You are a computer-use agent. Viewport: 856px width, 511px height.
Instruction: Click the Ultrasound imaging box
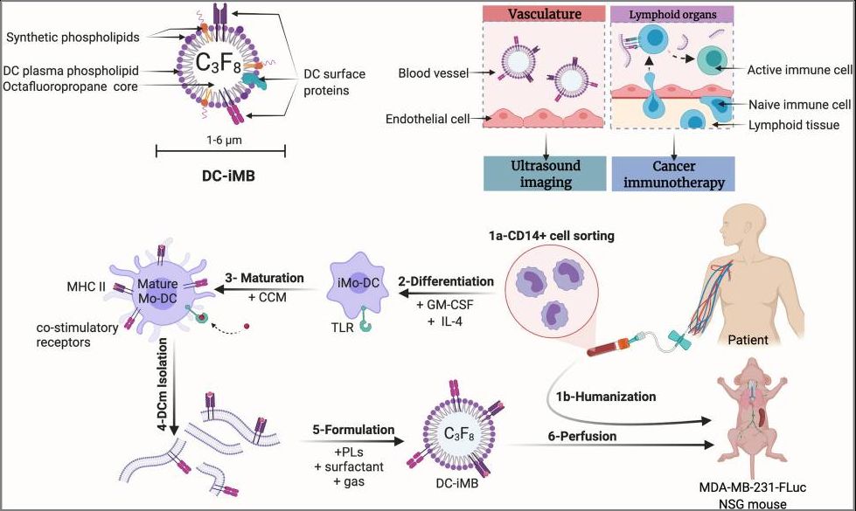pyautogui.click(x=546, y=173)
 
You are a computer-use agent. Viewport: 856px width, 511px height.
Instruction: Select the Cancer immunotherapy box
pyautogui.click(x=672, y=173)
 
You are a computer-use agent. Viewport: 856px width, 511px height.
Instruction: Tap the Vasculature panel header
pyautogui.click(x=545, y=14)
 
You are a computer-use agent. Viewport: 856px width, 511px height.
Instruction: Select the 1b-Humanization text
pyautogui.click(x=606, y=396)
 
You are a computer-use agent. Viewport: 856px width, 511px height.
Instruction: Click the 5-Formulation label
pyautogui.click(x=352, y=430)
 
